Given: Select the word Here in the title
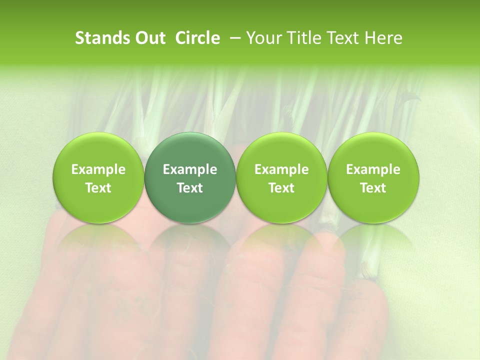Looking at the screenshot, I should click(382, 38).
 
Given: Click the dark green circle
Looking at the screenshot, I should click(190, 177).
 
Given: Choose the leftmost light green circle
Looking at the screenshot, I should click(98, 177).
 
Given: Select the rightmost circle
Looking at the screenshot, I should click(373, 177).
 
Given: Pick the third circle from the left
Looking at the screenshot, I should click(281, 177).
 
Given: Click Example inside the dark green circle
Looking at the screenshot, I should click(190, 169).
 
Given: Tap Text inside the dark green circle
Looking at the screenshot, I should click(190, 188).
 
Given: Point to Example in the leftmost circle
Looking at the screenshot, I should click(98, 169).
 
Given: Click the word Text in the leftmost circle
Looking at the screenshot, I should click(98, 188).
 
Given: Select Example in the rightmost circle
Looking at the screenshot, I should click(373, 169).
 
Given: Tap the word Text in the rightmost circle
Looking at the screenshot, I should click(373, 188).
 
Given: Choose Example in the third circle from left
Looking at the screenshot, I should click(281, 169).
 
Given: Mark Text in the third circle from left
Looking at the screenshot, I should click(281, 188).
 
